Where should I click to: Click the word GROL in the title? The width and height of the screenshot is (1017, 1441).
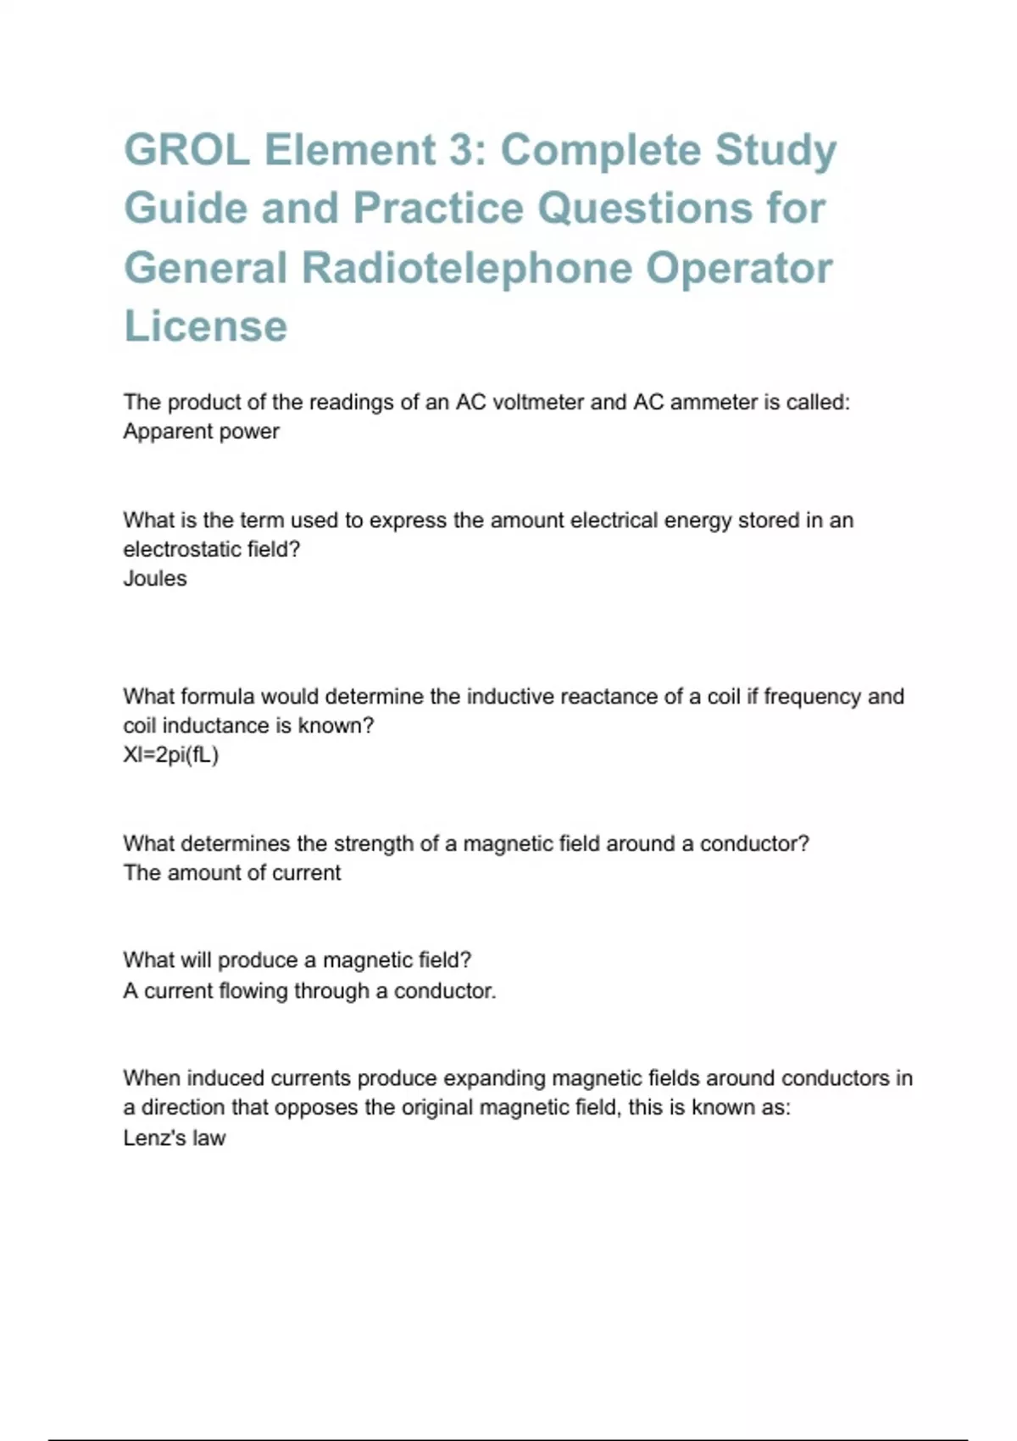point(186,150)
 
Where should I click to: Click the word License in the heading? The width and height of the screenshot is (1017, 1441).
point(206,326)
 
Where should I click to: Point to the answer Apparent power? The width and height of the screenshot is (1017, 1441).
point(201,431)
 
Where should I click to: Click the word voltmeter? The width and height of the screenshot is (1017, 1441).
point(536,402)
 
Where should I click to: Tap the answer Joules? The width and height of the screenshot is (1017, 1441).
point(155,578)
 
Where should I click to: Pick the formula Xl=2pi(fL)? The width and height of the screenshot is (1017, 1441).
point(171,754)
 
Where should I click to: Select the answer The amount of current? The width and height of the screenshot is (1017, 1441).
point(232,872)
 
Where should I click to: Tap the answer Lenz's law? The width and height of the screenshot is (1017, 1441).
point(175,1138)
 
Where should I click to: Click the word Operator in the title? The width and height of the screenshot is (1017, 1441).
point(739,268)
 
